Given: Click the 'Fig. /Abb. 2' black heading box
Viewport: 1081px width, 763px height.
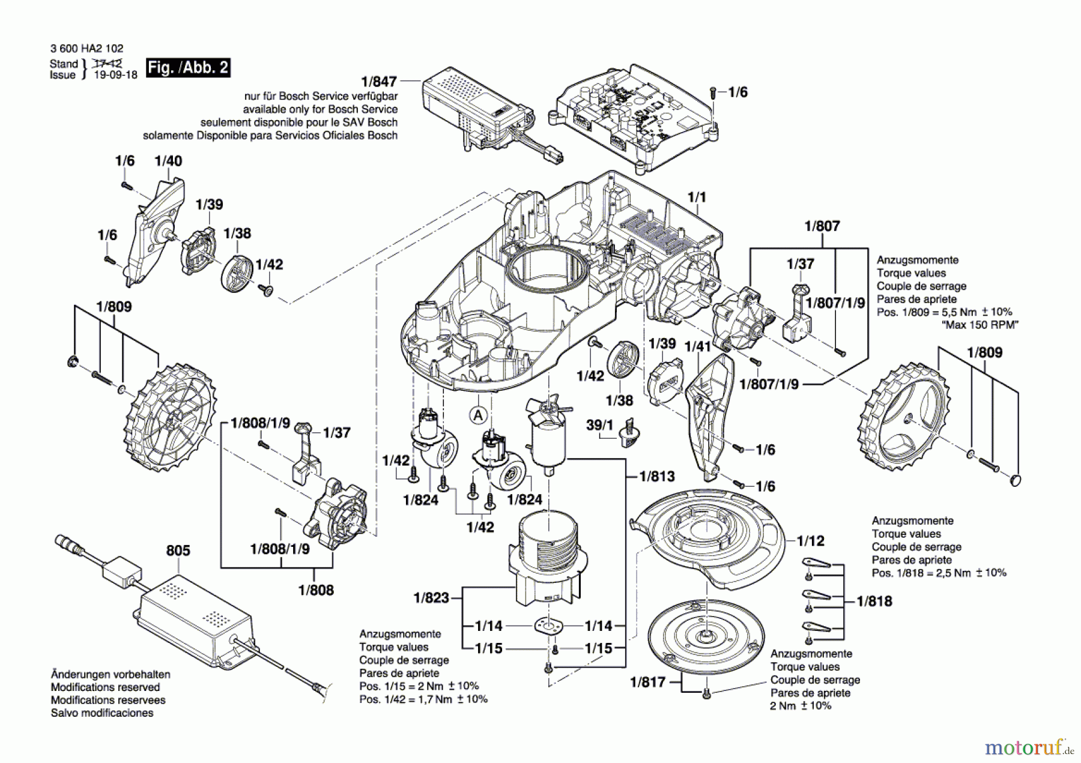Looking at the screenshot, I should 188,67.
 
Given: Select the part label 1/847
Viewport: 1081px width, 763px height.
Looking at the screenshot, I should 379,82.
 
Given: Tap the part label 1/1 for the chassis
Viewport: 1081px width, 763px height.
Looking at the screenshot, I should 697,198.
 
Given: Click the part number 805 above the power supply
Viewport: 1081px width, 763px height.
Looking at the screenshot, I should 178,550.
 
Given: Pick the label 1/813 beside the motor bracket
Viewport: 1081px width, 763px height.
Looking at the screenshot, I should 657,477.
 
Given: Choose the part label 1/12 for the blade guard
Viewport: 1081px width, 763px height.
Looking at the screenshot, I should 811,541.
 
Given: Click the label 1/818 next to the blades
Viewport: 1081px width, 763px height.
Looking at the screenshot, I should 874,601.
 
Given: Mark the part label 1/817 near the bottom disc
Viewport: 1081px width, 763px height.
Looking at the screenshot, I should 648,682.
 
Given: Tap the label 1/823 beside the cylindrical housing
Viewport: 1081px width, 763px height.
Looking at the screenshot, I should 431,598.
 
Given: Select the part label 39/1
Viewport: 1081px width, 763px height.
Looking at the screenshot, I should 599,425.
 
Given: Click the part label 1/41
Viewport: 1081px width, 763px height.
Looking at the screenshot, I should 698,346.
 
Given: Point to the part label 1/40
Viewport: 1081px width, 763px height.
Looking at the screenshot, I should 168,161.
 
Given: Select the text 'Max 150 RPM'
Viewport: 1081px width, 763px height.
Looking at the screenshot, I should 980,325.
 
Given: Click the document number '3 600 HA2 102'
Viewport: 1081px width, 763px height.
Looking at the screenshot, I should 87,49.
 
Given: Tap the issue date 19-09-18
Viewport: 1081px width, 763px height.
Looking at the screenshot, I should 116,75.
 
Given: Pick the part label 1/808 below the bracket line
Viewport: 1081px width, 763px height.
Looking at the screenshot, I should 316,590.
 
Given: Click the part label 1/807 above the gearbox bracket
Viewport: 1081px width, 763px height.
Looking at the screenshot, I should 822,226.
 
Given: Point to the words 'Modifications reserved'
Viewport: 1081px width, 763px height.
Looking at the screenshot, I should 105,687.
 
